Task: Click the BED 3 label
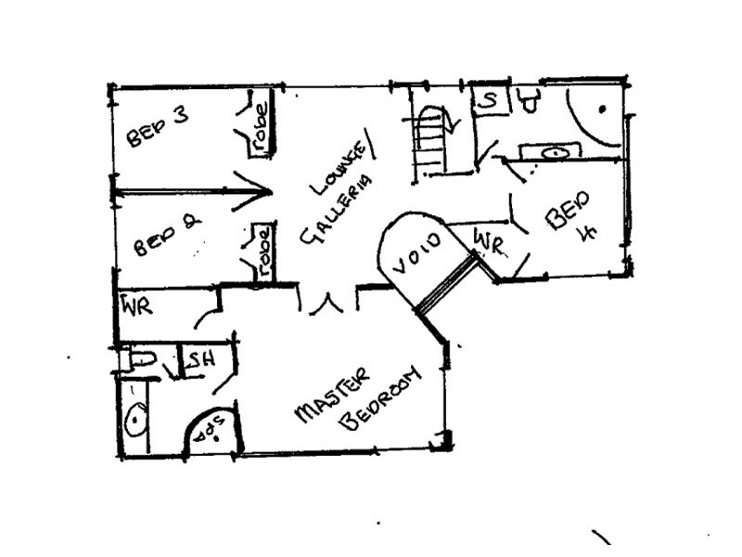[x=158, y=127]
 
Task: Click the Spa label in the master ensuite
[x=213, y=433]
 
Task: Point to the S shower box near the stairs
[x=491, y=98]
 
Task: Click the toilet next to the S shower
[x=531, y=98]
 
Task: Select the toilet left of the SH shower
[x=142, y=359]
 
